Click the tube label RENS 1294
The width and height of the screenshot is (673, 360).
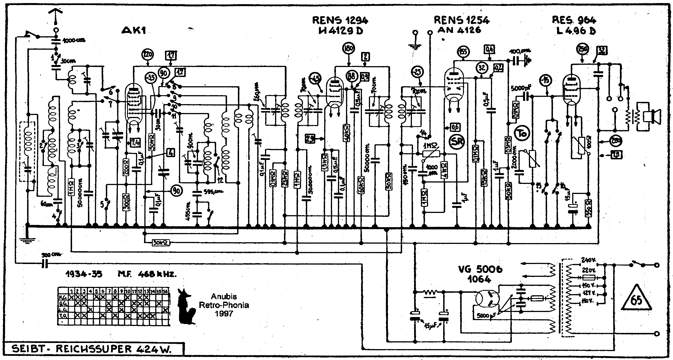click(340, 20)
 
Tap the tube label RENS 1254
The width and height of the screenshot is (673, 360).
click(461, 20)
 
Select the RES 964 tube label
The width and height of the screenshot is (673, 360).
click(574, 20)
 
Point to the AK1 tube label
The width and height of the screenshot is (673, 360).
click(134, 30)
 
